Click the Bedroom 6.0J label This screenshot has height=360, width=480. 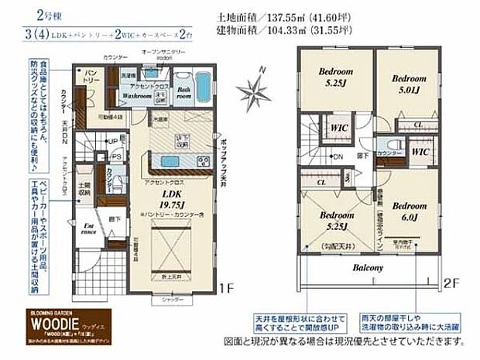pyautogui.click(x=410, y=214)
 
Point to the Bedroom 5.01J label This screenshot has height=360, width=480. pyautogui.click(x=408, y=84)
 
